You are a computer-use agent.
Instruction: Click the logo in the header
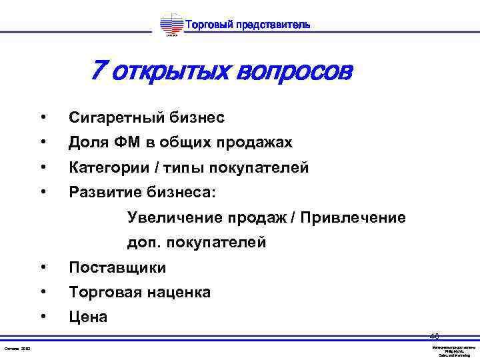click(171, 25)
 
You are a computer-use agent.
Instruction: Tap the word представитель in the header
click(272, 25)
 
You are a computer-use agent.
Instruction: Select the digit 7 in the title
click(98, 69)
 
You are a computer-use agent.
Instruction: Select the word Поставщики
click(118, 268)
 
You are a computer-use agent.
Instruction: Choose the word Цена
click(88, 317)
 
